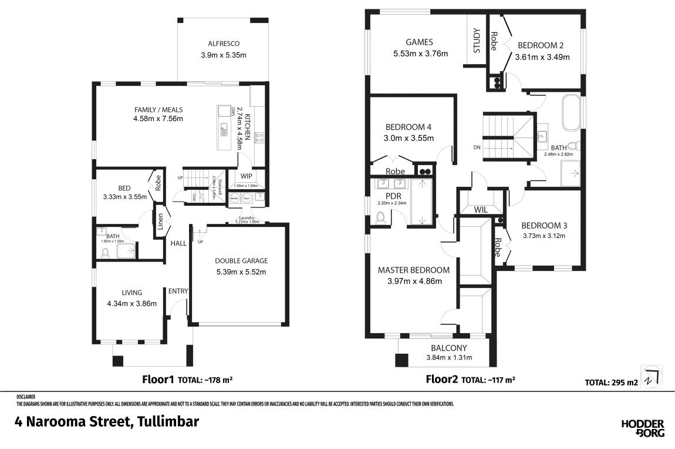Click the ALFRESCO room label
pyautogui.click(x=224, y=43)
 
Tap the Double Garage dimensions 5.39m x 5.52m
pyautogui.click(x=241, y=272)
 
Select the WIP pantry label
pyautogui.click(x=247, y=176)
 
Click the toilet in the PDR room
pyautogui.click(x=380, y=219)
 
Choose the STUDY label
pyautogui.click(x=476, y=41)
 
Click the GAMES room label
pyautogui.click(x=420, y=42)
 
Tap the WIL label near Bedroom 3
pyautogui.click(x=481, y=209)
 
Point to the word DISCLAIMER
pyautogui.click(x=26, y=397)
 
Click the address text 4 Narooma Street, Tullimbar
pyautogui.click(x=107, y=421)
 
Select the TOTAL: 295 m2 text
pyautogui.click(x=611, y=383)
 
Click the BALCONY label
pyautogui.click(x=449, y=347)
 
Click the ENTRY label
pyautogui.click(x=178, y=291)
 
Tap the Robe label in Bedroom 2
pyautogui.click(x=494, y=41)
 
